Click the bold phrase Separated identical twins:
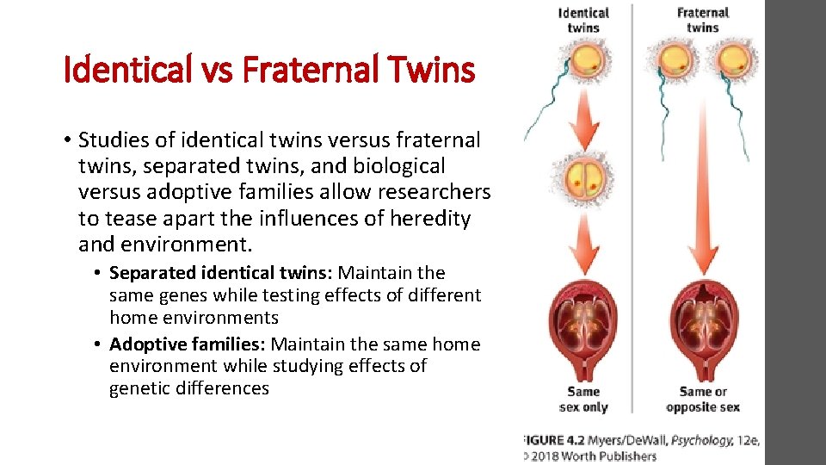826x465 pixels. pos(221,273)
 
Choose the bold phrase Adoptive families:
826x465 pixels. pos(189,344)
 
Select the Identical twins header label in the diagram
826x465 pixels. pos(583,20)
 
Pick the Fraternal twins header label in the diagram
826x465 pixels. pos(702,20)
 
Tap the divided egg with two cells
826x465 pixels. pos(583,177)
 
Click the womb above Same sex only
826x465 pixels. pos(583,328)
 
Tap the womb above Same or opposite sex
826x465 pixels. pos(703,328)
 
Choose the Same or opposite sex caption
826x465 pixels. pos(703,400)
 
